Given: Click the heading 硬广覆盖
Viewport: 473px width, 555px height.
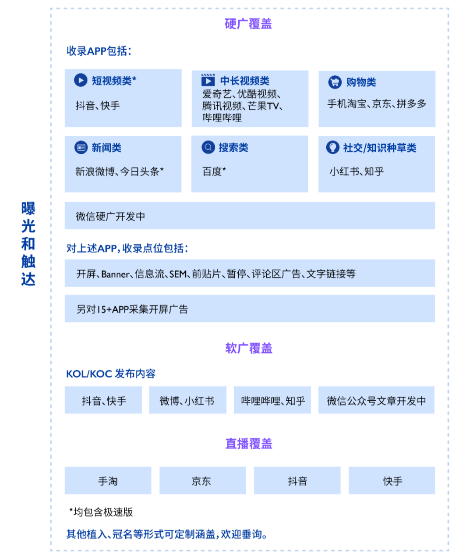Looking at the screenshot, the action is (x=248, y=24).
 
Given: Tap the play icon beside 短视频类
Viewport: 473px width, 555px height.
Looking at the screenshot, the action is (x=81, y=80).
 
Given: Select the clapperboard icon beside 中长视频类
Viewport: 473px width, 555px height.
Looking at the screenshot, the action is (x=208, y=80).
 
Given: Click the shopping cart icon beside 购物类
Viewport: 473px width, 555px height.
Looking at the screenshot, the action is (x=335, y=82).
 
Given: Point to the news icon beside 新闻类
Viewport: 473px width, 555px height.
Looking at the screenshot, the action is (x=81, y=147).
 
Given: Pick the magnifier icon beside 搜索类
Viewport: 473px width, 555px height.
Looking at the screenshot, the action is (x=208, y=147).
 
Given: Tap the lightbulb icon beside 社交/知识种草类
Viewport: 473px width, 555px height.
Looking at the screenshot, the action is (x=333, y=147).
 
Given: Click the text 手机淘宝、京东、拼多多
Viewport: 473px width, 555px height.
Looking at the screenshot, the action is (x=377, y=103).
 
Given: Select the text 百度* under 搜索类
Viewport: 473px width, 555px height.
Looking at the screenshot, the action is (x=214, y=171).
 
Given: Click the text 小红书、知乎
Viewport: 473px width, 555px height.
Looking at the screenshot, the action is (x=357, y=171).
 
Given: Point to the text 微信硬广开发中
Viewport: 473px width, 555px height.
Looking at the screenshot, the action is (x=110, y=216).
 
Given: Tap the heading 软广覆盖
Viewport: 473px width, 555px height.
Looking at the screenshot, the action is (x=249, y=348).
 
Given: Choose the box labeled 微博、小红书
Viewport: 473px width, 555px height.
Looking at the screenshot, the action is (x=188, y=400).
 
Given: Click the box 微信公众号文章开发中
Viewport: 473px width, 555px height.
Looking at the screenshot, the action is (x=376, y=400).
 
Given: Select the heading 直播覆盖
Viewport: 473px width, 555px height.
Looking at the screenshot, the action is (x=249, y=443).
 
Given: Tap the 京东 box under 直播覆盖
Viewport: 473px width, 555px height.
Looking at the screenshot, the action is (x=203, y=480).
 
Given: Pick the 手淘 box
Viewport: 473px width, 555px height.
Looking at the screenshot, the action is (x=108, y=480).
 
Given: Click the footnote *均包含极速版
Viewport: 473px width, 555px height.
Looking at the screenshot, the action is (x=101, y=512).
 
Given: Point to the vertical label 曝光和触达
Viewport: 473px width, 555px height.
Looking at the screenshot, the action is (x=28, y=244).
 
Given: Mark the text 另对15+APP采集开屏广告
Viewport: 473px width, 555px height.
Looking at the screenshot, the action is (x=132, y=309).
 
